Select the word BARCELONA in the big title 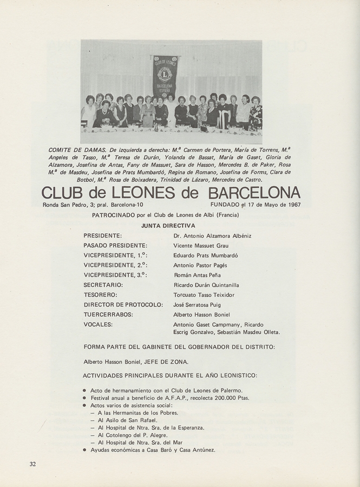coord(254,193)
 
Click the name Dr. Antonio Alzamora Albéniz coord(212,236)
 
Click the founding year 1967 coord(291,205)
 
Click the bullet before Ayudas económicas coord(84,450)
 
